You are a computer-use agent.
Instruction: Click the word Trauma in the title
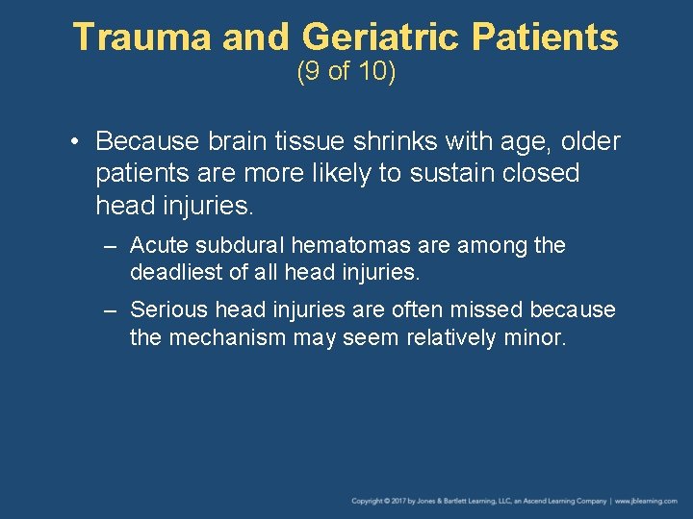pyautogui.click(x=141, y=37)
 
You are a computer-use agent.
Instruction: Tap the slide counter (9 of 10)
pyautogui.click(x=346, y=73)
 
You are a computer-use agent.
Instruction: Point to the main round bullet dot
pyautogui.click(x=75, y=142)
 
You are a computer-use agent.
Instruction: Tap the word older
pyautogui.click(x=588, y=141)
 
